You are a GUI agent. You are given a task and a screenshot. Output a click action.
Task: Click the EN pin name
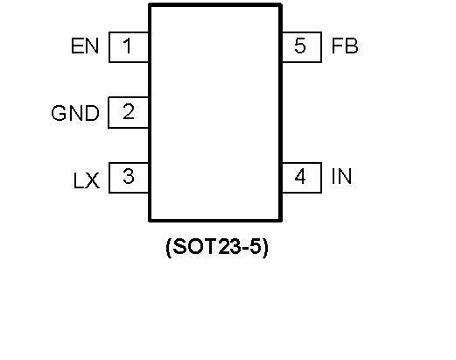coord(85,46)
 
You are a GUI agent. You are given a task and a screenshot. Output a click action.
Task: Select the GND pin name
coord(75,113)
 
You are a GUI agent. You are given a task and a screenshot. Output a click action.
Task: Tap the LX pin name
coord(87,180)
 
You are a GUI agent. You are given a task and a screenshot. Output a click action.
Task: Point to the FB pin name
coord(345,46)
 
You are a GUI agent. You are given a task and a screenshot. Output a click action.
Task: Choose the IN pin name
coord(341,176)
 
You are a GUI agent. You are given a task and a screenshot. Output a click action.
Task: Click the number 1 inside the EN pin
coord(127,46)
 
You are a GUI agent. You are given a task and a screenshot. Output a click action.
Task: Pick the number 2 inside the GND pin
coord(129,111)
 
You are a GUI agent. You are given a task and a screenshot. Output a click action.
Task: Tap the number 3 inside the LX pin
coord(129,176)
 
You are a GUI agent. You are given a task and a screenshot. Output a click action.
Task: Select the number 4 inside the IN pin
coord(300,176)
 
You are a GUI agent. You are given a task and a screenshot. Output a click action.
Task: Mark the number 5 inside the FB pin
coord(300,46)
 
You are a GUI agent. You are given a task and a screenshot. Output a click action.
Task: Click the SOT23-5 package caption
coord(217,247)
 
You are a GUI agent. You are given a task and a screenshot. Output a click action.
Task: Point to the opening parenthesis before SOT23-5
coord(168,248)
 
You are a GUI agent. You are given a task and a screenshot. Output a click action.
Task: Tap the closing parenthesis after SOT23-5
coord(265,248)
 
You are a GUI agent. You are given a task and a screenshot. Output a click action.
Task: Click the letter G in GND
coord(59,113)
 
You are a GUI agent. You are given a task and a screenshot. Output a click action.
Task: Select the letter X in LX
coord(93,180)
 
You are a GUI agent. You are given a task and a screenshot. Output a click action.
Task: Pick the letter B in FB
coord(351,46)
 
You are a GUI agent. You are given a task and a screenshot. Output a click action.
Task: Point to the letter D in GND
coord(93,113)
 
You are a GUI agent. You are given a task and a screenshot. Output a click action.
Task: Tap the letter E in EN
coord(77,46)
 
